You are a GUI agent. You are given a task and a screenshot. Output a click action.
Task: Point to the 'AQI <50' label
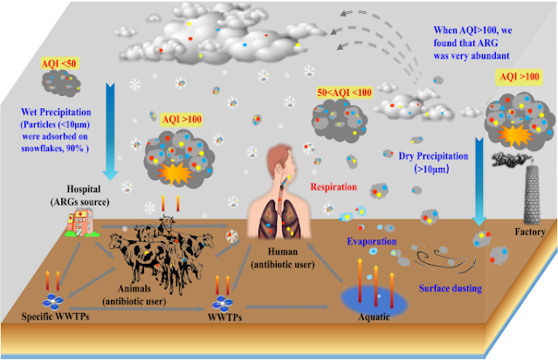(x=60, y=64)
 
